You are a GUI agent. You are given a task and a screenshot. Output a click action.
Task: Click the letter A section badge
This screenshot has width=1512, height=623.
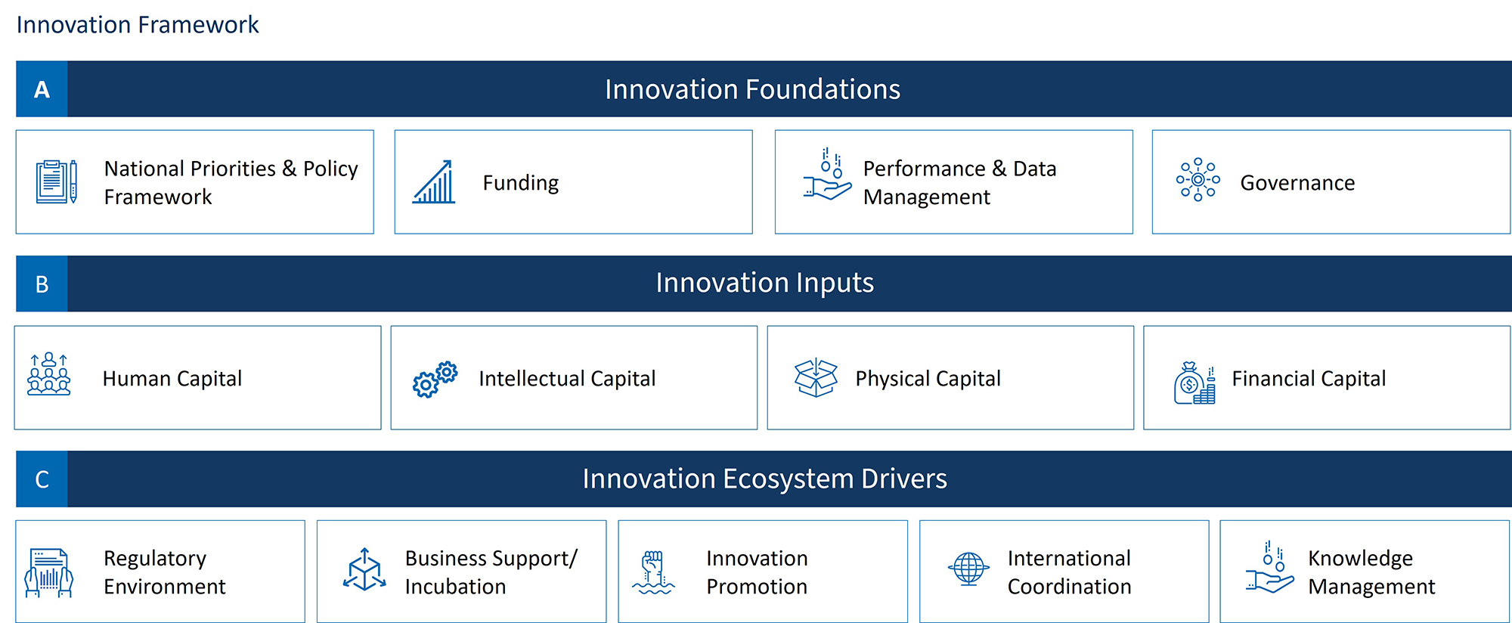tap(42, 89)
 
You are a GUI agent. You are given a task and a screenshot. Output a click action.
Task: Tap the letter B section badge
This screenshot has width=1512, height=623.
tap(42, 284)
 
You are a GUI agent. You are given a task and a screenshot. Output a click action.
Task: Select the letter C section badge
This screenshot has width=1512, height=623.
tap(42, 479)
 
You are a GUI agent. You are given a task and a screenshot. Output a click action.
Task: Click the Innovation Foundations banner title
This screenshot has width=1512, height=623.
tap(752, 89)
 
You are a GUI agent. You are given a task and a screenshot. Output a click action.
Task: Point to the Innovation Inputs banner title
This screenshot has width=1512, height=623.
tap(764, 283)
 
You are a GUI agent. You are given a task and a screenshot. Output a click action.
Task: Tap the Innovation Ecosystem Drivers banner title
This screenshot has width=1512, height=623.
tap(764, 479)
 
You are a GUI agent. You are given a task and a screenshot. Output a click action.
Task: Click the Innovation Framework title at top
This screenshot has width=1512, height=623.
tap(138, 25)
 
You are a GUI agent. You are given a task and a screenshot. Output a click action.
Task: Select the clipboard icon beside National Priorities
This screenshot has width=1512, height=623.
tap(56, 181)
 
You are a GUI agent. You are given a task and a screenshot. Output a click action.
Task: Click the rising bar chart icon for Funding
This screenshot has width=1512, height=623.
tap(434, 182)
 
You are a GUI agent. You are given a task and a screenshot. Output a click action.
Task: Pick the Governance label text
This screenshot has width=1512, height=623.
tap(1297, 183)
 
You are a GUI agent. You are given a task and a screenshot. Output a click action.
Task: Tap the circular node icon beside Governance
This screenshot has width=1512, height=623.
tap(1198, 180)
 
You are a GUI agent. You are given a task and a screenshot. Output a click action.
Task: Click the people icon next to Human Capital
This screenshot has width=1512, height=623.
tap(48, 374)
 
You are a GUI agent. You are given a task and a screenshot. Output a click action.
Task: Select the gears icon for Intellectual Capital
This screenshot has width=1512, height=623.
tap(435, 379)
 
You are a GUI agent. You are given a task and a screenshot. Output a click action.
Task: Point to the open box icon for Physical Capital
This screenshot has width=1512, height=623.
tap(816, 377)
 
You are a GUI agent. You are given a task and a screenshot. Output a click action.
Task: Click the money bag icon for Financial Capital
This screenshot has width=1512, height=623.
tap(1194, 383)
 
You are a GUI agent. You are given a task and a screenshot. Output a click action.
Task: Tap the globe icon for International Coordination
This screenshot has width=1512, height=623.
tap(968, 569)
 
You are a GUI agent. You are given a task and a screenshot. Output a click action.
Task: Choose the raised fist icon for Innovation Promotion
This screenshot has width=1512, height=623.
tap(653, 572)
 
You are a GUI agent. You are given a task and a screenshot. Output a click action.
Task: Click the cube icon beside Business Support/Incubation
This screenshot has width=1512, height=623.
tap(364, 570)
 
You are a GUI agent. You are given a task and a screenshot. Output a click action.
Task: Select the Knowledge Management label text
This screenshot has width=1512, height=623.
tap(1371, 572)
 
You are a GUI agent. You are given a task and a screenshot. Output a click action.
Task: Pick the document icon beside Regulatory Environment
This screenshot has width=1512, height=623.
tap(49, 573)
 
